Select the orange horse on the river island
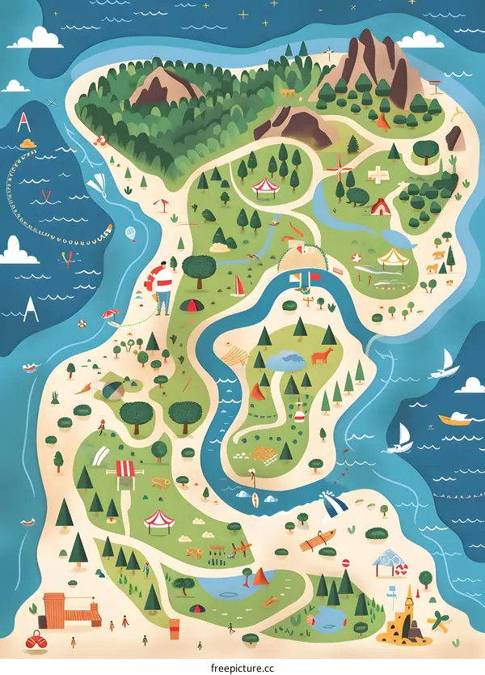tap(324, 355)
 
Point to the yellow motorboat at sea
tap(454, 418)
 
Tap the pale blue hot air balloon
tap(131, 234)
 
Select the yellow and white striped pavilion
tap(393, 258)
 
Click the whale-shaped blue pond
tap(401, 237)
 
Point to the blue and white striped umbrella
tap(333, 505)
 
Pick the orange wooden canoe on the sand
tap(318, 540)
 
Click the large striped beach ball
tap(112, 389)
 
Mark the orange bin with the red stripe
tap(174, 628)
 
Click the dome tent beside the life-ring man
tap(191, 305)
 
